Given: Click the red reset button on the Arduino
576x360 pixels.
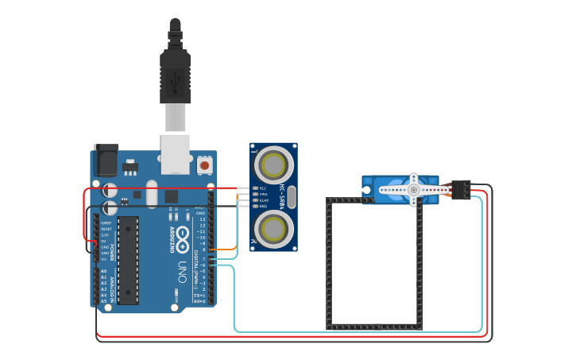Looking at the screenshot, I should pyautogui.click(x=205, y=165).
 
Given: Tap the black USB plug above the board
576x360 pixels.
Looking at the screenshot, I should pyautogui.click(x=175, y=75).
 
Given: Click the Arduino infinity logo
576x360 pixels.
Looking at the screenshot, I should pyautogui.click(x=184, y=237).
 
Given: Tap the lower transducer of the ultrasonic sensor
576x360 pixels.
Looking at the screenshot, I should pyautogui.click(x=273, y=229).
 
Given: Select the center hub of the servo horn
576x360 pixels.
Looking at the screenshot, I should pyautogui.click(x=413, y=190).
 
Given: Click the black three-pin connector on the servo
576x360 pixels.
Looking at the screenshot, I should pyautogui.click(x=460, y=190).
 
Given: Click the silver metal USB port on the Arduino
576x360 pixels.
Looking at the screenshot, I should pyautogui.click(x=176, y=153).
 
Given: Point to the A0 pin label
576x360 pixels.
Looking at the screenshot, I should pyautogui.click(x=103, y=271).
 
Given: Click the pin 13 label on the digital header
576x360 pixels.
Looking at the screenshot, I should pyautogui.click(x=202, y=219).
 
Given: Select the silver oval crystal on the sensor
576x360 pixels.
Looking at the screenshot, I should pyautogui.click(x=291, y=196).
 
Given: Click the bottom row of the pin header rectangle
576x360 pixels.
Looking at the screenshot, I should pyautogui.click(x=374, y=327).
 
